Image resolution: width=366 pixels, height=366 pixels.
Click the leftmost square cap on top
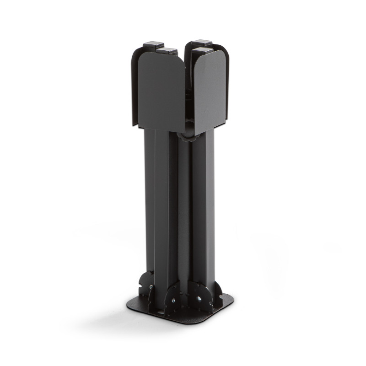(153, 46)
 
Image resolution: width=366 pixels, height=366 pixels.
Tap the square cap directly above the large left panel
(167, 51)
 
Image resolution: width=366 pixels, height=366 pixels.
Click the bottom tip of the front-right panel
(195, 133)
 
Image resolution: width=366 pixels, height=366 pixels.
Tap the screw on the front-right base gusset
(200, 299)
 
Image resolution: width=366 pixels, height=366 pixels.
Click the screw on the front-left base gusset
(174, 301)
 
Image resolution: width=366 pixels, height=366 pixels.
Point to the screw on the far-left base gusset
(151, 287)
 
